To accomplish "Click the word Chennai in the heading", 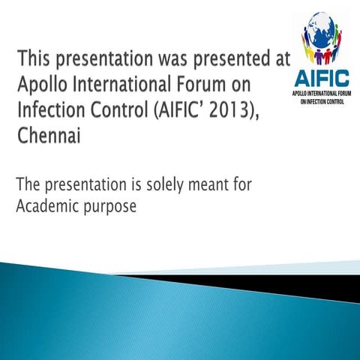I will [x=49, y=138].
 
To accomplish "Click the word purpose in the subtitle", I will [x=110, y=208].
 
